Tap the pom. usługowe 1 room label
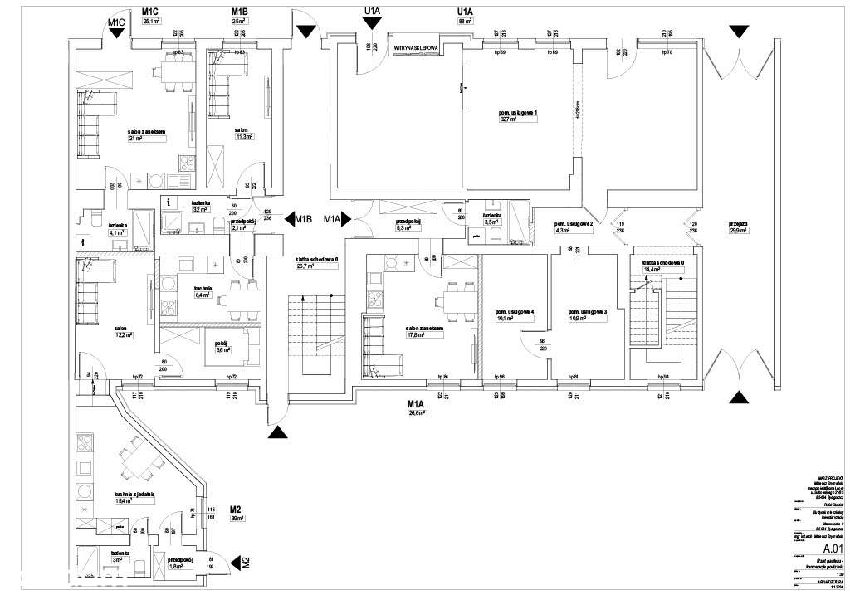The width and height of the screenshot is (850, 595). tap(519, 112)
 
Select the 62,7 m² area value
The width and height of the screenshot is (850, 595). tap(508, 119)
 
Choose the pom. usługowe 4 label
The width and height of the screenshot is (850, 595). tap(515, 311)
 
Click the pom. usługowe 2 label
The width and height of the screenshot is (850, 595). tap(573, 224)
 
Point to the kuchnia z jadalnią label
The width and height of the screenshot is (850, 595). tap(135, 495)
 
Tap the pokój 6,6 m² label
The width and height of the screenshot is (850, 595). tap(222, 343)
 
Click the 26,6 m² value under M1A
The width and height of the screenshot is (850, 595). tap(416, 413)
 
